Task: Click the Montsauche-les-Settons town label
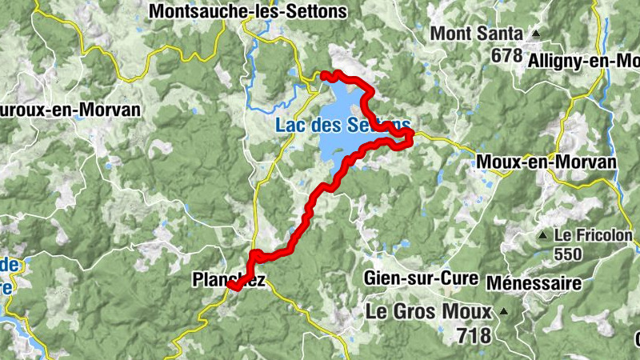[x=248, y=12]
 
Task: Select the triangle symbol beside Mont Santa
[x=535, y=34]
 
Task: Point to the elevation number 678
[x=507, y=56]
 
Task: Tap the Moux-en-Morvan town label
[x=546, y=162]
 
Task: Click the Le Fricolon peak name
[x=593, y=236]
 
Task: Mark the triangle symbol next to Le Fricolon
[x=543, y=236]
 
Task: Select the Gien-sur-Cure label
[x=420, y=279]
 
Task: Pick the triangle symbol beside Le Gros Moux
[x=503, y=310]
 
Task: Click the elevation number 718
[x=475, y=334]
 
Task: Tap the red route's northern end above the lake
[x=324, y=75]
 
